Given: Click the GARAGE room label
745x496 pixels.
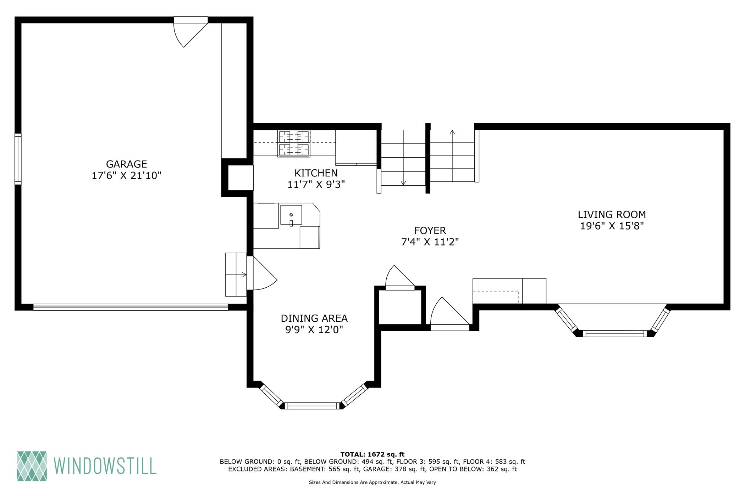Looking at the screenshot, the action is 126,164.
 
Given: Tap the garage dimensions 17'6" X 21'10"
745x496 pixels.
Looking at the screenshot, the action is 126,176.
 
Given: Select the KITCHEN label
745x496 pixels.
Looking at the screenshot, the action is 316,173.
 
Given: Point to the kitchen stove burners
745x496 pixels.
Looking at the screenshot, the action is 294,143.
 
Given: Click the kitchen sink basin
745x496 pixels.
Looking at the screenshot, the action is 291,215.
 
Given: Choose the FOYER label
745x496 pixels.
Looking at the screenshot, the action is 430,231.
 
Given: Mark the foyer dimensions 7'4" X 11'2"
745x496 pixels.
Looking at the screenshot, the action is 430,242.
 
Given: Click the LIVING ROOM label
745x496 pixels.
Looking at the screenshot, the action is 612,215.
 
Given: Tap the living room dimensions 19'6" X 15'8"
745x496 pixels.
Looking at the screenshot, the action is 612,226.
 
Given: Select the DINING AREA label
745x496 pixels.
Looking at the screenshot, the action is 314,318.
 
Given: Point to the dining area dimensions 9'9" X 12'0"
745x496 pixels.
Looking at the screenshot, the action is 314,330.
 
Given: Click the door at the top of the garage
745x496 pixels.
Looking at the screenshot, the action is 190,32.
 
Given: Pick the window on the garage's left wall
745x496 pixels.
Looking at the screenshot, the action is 18,159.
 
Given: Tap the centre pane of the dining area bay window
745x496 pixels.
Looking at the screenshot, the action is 312,406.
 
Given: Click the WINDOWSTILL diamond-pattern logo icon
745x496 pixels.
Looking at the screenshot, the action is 32,466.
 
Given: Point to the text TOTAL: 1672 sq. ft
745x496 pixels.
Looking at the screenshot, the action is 372,454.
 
